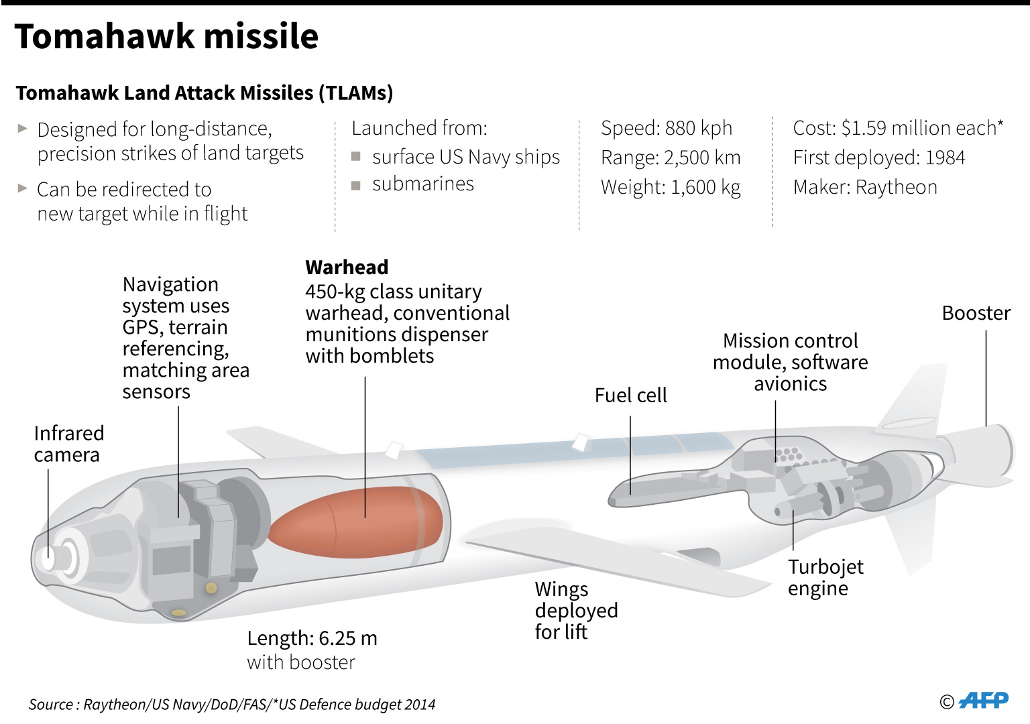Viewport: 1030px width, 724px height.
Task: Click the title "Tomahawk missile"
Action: tap(166, 36)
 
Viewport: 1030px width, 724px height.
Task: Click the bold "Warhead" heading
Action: tap(347, 267)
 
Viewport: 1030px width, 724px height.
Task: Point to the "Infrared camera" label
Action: tap(68, 444)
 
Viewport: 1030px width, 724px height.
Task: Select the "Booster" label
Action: tap(976, 313)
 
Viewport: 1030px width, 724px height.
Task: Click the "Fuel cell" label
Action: tap(630, 396)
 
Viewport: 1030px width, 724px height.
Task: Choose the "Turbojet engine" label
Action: tap(825, 577)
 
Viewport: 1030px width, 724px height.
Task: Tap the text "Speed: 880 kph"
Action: tap(667, 128)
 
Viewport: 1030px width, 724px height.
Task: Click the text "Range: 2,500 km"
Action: tap(671, 158)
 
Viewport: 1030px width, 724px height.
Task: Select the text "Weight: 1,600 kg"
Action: tap(671, 187)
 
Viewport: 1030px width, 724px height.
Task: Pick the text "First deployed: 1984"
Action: tap(878, 158)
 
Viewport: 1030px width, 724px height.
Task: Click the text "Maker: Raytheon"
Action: tap(865, 187)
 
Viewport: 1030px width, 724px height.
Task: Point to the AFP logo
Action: tap(983, 701)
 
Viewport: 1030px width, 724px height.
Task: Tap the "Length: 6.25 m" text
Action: tap(312, 638)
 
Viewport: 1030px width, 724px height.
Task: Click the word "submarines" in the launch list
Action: tap(422, 184)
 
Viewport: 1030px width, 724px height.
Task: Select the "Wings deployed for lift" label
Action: tap(576, 610)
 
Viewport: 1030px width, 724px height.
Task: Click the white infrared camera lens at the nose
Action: tap(48, 557)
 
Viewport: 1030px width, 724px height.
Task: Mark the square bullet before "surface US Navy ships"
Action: tap(356, 157)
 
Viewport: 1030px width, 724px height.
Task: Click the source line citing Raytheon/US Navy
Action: tap(232, 705)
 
